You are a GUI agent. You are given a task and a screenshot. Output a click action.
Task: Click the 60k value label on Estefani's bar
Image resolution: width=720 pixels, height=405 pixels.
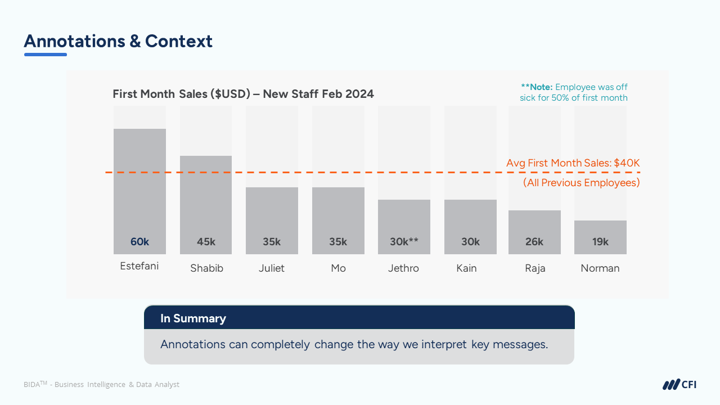click(139, 242)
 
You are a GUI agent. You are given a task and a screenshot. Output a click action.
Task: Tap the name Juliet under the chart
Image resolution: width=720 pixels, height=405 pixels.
click(271, 268)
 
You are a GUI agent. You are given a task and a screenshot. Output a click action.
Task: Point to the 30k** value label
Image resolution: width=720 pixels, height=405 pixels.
click(404, 242)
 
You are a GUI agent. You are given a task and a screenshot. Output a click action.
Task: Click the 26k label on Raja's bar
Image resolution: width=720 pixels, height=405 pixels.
click(534, 242)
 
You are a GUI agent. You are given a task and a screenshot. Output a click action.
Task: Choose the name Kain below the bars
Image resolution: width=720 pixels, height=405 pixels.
click(466, 268)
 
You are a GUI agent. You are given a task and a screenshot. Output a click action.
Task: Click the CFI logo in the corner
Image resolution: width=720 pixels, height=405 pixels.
click(679, 385)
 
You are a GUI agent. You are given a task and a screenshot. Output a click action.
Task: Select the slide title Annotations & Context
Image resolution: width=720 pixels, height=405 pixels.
click(118, 41)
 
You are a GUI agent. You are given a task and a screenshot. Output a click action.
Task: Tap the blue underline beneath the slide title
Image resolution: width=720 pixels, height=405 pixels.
click(46, 55)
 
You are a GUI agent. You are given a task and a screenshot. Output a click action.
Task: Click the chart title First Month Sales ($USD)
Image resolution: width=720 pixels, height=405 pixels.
click(243, 94)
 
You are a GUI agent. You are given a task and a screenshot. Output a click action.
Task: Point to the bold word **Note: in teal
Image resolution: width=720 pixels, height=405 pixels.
click(537, 87)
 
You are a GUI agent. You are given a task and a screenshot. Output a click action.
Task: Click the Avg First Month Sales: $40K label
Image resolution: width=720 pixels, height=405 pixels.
click(573, 163)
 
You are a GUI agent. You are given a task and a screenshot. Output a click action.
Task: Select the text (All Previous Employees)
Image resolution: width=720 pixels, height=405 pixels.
click(581, 183)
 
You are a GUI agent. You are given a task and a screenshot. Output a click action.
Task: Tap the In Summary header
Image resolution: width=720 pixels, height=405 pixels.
click(193, 318)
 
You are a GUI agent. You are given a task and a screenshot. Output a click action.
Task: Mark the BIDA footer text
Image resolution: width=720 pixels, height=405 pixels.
click(101, 385)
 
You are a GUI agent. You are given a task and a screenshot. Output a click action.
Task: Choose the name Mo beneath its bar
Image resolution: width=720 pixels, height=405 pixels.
click(338, 268)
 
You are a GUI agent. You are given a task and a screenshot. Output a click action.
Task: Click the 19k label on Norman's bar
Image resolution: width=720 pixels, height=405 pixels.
click(600, 242)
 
